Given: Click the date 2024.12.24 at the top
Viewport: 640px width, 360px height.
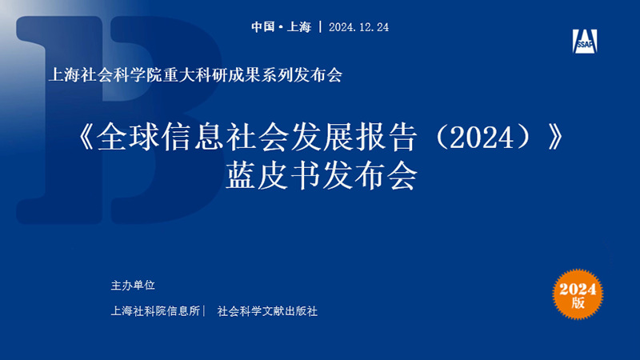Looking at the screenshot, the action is coord(358,27).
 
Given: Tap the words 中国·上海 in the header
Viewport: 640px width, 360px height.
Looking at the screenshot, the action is coord(282,27).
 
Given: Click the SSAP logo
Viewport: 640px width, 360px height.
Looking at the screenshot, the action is coord(585,42).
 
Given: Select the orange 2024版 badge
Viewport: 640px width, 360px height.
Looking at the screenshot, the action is coord(578,294).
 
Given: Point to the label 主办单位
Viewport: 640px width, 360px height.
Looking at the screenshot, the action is coord(133,286).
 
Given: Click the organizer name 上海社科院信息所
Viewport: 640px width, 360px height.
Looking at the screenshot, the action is coord(155,311).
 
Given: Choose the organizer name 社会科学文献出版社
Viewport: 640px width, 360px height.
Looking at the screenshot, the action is coord(267,311).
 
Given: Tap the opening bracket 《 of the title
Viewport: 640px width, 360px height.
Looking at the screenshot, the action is coord(86,137).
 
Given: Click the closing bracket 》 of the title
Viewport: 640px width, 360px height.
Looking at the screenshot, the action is coord(556,137).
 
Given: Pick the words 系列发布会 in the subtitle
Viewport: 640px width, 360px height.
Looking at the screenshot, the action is coord(302,75).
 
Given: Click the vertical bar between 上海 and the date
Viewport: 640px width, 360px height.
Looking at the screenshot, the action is coord(321,27).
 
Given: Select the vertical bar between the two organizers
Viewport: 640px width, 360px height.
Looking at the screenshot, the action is coord(204,311).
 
